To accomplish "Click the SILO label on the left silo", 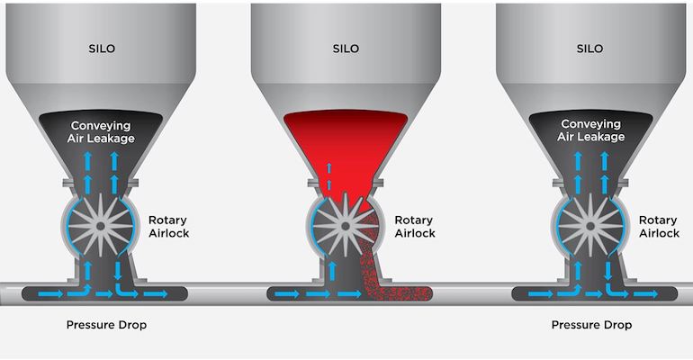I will coord(102,49).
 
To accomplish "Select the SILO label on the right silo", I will coord(592,49).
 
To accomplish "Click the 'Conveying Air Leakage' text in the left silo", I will coord(101,130).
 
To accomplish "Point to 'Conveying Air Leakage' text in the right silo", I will coord(591,130).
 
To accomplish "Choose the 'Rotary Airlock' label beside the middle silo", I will coord(414,226).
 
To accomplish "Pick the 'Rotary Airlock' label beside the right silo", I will coord(659,226).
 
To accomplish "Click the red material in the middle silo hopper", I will coord(346,144).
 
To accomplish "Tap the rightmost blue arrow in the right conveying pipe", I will coord(651,293).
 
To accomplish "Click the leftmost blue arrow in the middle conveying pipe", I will coord(287,293).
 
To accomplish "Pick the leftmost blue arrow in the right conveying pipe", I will coord(532,293).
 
